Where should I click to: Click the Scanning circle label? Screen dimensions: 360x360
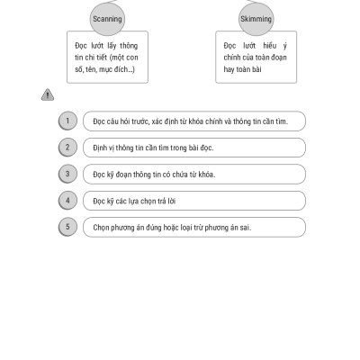107,19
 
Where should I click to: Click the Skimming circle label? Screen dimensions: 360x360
256,19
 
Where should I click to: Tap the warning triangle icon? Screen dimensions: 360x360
48,94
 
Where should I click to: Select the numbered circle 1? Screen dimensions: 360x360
67,121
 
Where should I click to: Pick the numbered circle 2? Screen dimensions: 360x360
67,148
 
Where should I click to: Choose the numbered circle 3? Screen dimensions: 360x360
67,174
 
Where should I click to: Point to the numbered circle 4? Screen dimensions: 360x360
67,201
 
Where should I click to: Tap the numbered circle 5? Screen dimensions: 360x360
67,227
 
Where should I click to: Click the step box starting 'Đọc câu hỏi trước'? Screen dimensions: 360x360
194,121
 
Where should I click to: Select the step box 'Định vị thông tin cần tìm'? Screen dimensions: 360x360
194,148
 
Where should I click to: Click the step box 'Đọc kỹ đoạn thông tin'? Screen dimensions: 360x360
194,174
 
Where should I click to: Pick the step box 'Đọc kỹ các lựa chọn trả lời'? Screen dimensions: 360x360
194,201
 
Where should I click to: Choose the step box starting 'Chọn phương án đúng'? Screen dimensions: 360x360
194,227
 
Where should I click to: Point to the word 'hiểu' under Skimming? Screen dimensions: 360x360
270,46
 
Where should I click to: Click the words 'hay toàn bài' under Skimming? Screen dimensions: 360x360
242,69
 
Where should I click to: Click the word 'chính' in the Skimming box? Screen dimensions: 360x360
232,58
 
